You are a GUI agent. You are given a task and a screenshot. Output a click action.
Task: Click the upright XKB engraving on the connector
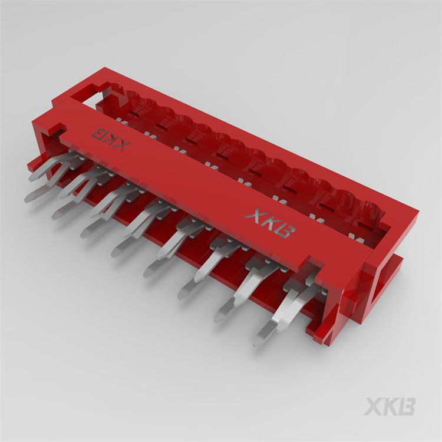click(269, 223)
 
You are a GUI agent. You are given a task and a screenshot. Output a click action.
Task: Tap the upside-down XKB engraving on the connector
click(110, 139)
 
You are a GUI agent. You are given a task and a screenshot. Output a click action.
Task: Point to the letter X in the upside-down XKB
click(121, 145)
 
